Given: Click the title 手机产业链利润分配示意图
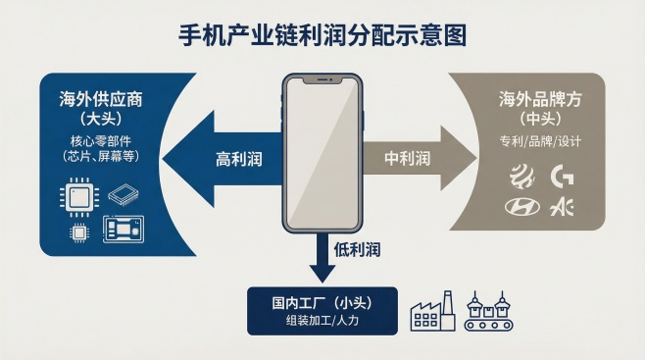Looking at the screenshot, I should coord(322,34).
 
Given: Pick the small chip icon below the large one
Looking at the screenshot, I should coord(75,232).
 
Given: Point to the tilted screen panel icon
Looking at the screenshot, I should coord(124,195).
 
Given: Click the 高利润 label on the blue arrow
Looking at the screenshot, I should coord(240,158).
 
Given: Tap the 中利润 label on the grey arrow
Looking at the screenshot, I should coord(407,157).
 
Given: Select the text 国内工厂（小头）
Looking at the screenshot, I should coord(322,301).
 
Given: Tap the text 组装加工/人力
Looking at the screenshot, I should coord(322,321).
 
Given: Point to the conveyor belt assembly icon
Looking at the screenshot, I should coord(489,311).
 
